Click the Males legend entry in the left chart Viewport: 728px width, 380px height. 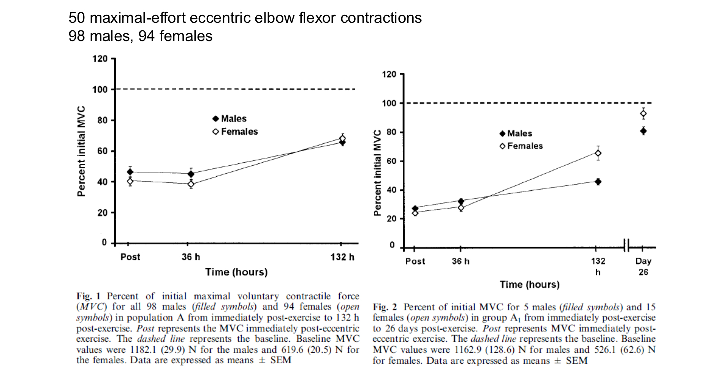[229, 119]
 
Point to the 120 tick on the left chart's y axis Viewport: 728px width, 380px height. [100, 59]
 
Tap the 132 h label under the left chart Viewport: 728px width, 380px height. [342, 257]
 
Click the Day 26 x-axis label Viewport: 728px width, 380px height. [643, 266]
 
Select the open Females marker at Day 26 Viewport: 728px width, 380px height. [643, 114]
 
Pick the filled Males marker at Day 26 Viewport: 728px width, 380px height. [643, 131]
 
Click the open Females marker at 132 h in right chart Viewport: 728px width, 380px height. [598, 154]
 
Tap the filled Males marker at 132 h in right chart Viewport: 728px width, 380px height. [598, 182]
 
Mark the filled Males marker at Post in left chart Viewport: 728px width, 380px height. [130, 172]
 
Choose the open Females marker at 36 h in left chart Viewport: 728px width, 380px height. [191, 184]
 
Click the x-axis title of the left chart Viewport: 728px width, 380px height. [236, 272]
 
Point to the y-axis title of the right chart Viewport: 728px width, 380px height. [377, 173]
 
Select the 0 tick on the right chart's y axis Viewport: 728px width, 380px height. [392, 246]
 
